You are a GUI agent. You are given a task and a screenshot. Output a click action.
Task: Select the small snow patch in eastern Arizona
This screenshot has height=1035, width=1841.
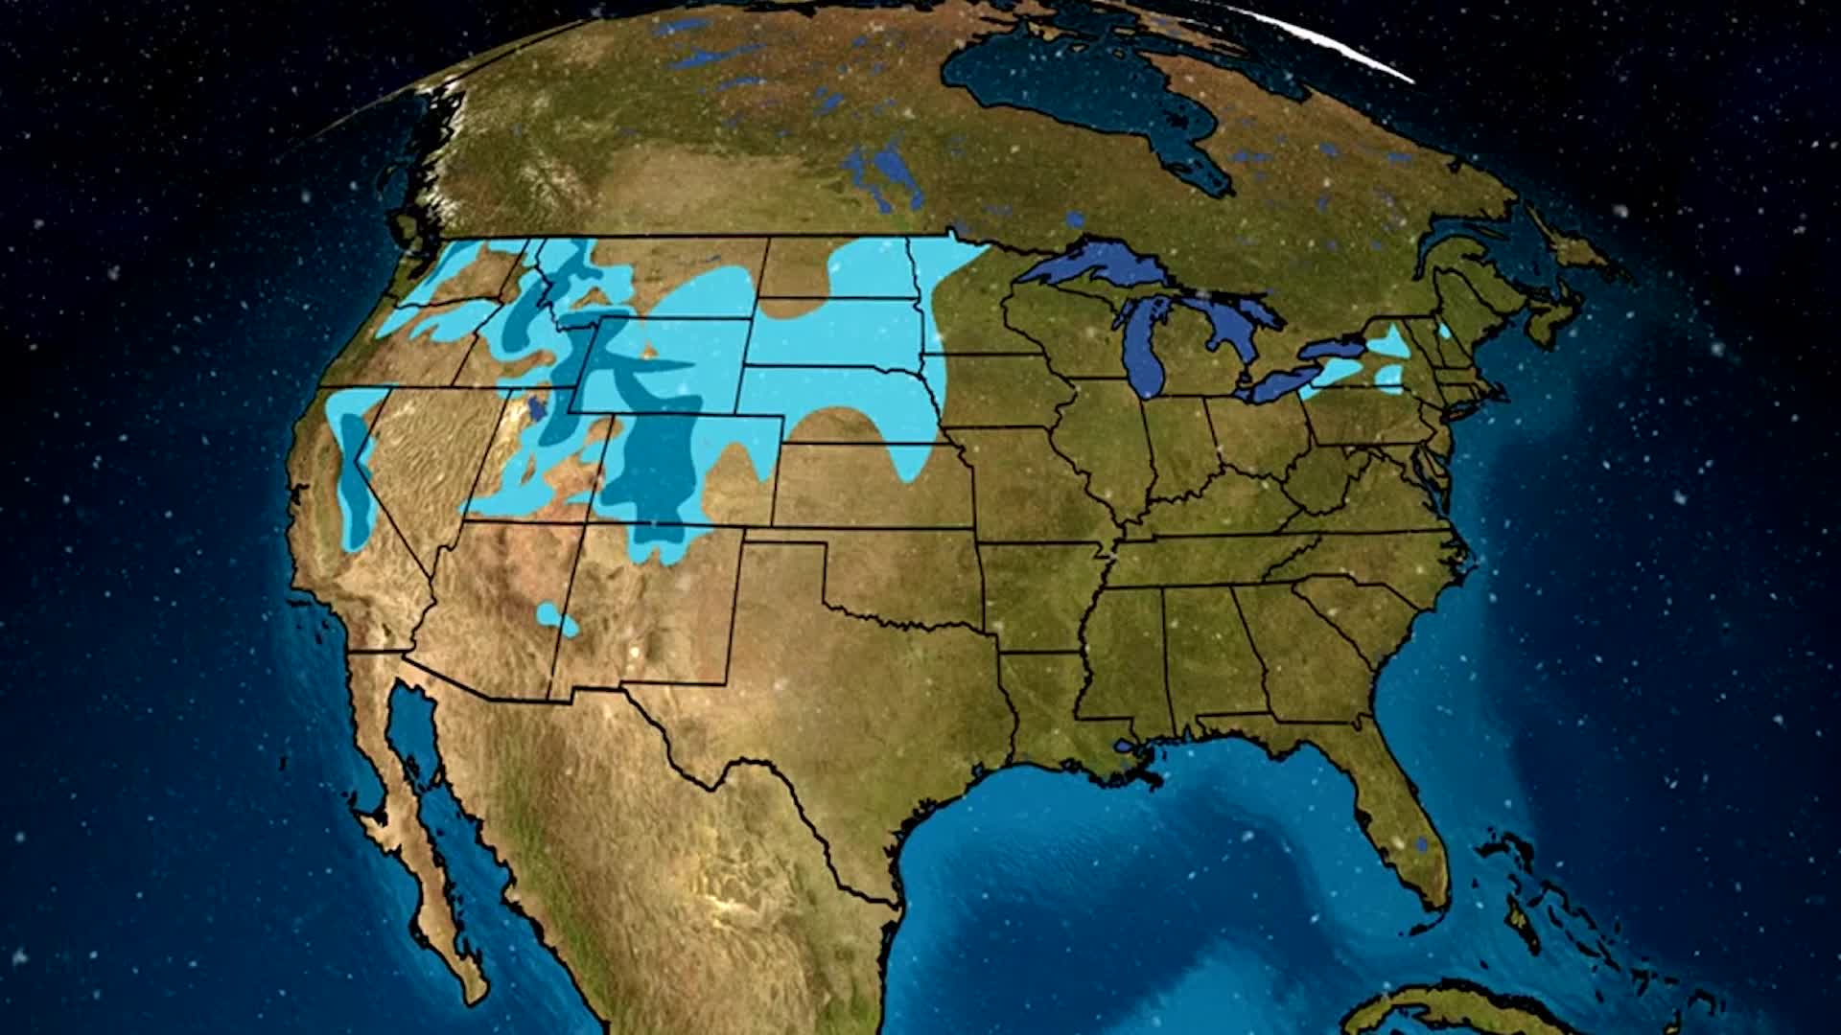557,618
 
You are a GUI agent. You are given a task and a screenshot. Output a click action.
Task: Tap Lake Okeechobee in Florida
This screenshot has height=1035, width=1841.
1421,843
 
